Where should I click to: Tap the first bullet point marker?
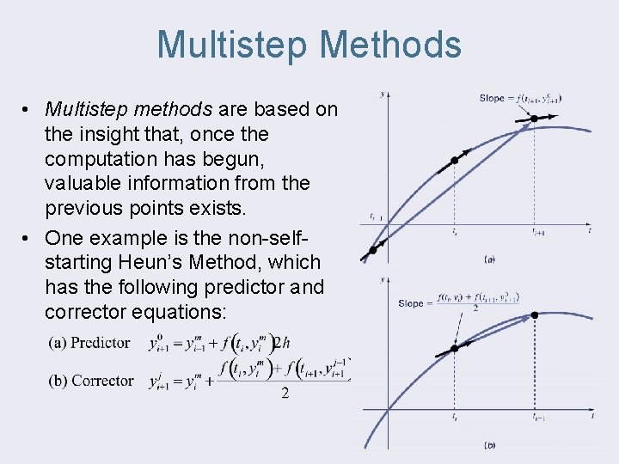29,110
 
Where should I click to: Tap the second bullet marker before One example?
29,237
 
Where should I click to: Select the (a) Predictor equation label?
90,343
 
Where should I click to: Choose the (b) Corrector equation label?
91,381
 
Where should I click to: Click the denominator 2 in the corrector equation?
285,394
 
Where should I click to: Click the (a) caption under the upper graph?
489,258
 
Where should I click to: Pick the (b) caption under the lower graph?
489,444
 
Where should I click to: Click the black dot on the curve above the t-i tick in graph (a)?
455,161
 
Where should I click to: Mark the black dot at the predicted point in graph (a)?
534,118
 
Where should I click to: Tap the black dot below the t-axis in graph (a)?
373,250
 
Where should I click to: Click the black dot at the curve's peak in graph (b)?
534,315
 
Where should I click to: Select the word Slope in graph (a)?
492,98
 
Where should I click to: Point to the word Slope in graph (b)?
411,302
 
